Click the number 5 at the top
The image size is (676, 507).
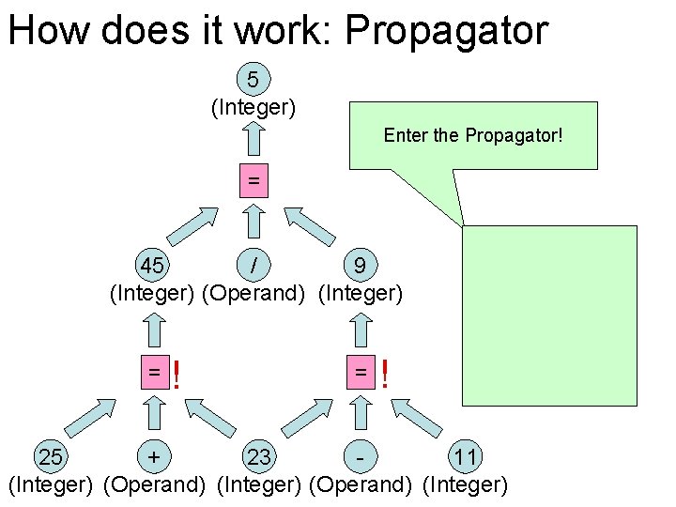point(253,78)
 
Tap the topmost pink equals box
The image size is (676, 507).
point(253,179)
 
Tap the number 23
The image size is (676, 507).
point(259,458)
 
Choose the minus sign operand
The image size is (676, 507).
point(361,458)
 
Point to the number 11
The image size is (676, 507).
point(466,458)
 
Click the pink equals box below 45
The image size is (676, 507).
point(153,372)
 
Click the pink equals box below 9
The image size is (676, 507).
point(361,372)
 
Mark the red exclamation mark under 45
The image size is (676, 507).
point(176,376)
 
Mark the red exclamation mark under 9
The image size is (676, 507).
point(383,376)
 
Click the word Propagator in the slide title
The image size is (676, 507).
point(446,30)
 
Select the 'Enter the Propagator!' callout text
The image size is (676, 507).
point(473,135)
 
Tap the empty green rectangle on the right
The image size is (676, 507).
point(550,315)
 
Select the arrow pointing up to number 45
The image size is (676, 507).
point(153,330)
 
